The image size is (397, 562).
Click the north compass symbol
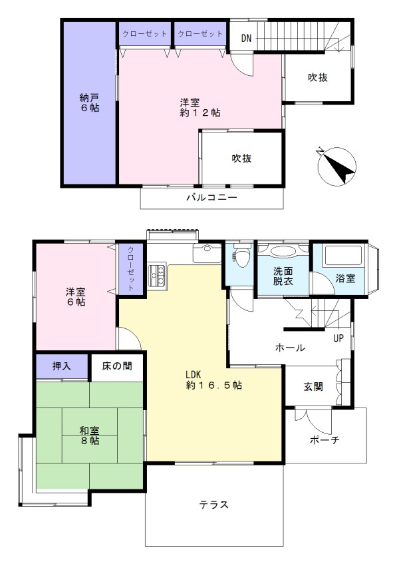(336, 166)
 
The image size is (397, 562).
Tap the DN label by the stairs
(246, 38)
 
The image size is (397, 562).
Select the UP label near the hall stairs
(338, 338)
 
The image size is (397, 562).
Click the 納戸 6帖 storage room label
(89, 103)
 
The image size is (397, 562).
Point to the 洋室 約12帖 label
(199, 107)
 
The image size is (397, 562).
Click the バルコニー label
(211, 198)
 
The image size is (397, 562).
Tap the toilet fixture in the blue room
(241, 255)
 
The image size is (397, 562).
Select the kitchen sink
(207, 252)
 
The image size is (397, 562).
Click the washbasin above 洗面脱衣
(283, 251)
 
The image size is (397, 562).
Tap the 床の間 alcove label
(117, 366)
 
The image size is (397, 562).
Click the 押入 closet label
(62, 366)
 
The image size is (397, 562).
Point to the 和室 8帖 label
(89, 435)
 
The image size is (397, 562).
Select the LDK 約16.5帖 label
(213, 380)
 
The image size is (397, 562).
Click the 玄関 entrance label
(313, 387)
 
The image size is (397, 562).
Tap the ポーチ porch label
(325, 439)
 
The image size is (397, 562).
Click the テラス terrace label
(213, 505)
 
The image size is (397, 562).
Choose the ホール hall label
(290, 348)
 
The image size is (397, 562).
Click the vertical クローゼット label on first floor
(131, 268)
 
